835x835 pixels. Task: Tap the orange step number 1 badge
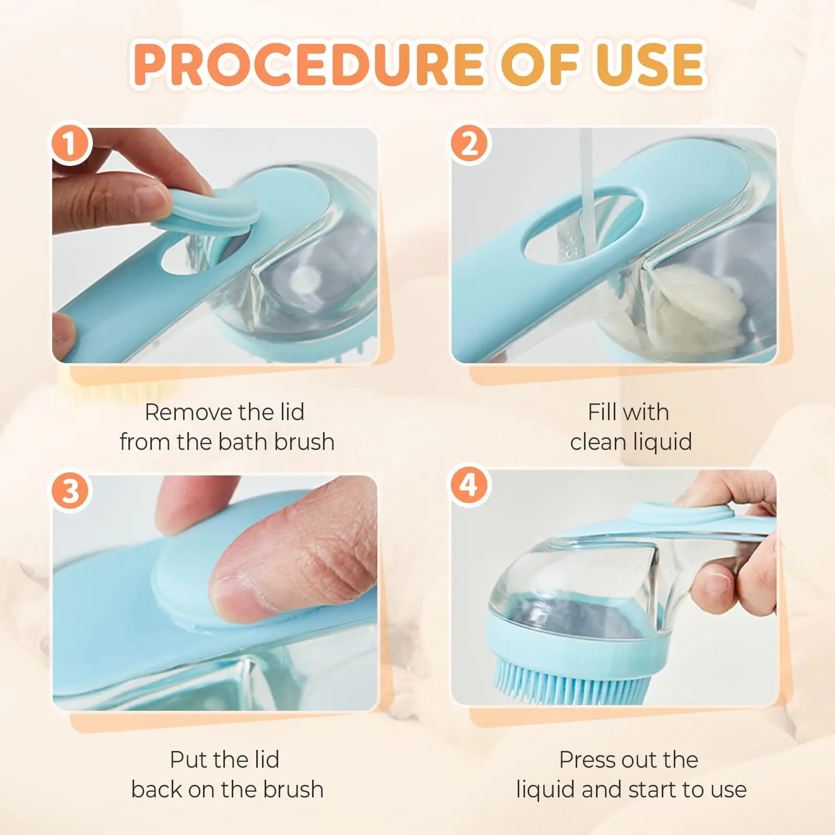[x=70, y=145]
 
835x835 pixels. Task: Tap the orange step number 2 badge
[x=469, y=145]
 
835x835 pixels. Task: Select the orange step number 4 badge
[x=469, y=486]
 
